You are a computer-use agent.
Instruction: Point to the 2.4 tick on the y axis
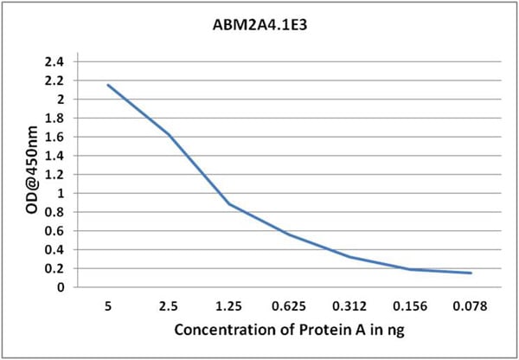tap(57, 62)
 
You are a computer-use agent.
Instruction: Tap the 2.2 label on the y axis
tap(57, 80)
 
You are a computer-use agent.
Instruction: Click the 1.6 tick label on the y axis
tap(57, 137)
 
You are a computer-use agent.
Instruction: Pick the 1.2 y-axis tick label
tap(57, 175)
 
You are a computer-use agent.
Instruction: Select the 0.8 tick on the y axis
tap(57, 212)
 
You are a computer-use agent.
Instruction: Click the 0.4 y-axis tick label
tap(57, 249)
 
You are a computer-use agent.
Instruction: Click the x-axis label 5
tap(108, 305)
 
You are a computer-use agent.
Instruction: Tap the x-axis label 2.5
tap(169, 305)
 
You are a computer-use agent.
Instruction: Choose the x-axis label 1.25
tap(229, 305)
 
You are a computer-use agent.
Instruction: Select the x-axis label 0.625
tap(290, 305)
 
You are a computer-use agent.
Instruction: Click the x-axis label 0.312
tap(350, 305)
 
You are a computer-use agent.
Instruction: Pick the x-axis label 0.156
tap(411, 305)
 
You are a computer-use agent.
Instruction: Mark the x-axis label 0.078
tap(471, 305)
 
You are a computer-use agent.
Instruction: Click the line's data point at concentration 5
tap(108, 85)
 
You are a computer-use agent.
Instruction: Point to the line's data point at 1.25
tap(229, 204)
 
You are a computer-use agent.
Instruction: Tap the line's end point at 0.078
tap(471, 273)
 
